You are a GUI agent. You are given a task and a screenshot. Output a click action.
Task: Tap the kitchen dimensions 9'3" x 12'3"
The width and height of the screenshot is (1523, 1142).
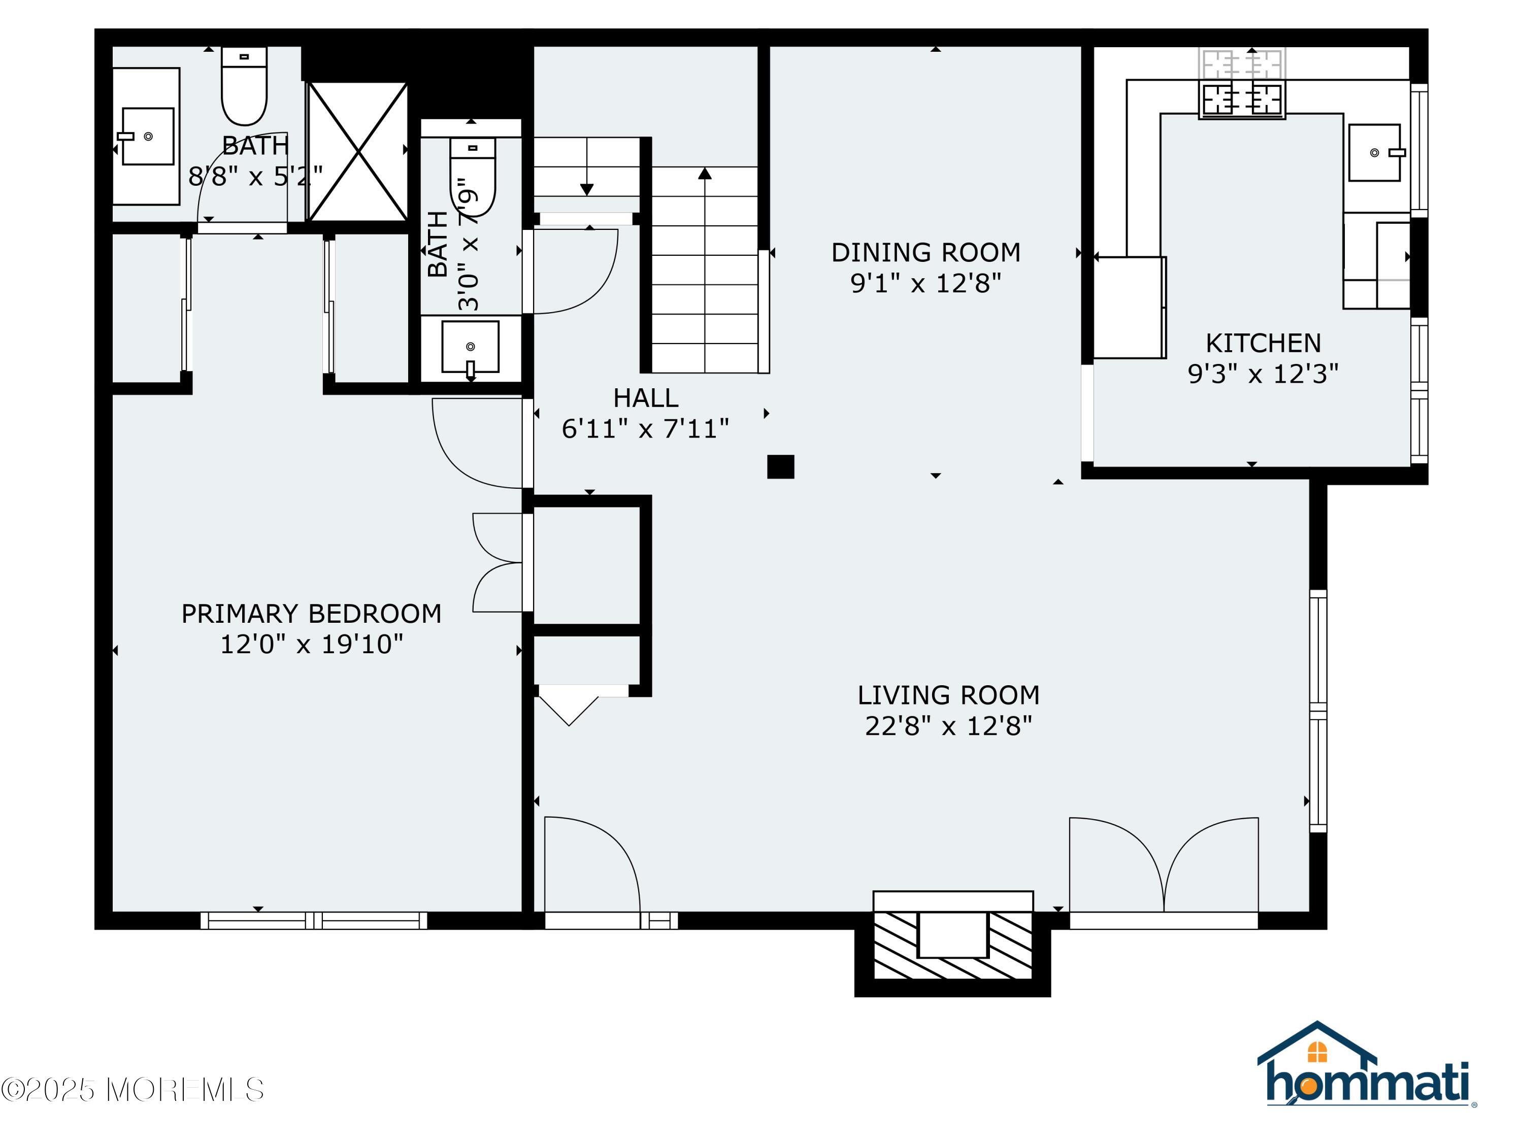(x=1263, y=374)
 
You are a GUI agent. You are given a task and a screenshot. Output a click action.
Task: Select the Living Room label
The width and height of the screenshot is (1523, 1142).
(x=948, y=695)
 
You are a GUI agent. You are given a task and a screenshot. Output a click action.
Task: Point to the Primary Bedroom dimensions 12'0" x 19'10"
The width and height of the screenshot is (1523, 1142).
(x=311, y=644)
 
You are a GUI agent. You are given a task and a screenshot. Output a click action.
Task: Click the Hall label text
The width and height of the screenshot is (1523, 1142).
(x=645, y=398)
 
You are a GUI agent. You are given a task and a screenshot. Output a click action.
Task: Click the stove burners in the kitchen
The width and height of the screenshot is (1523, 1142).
(x=1242, y=98)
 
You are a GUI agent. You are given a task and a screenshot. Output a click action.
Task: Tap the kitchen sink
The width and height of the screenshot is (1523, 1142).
(x=1374, y=153)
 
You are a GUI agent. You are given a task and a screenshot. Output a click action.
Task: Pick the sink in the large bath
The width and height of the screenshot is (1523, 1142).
(x=147, y=137)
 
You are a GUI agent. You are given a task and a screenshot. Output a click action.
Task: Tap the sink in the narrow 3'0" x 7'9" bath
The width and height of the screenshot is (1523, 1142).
(x=470, y=346)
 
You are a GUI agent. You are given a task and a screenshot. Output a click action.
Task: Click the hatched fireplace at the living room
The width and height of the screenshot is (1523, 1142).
(x=953, y=944)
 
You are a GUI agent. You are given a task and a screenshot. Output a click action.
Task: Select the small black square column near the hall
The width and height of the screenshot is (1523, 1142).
(x=780, y=467)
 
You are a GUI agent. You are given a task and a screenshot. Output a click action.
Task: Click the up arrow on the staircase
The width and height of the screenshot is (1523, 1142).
(x=704, y=174)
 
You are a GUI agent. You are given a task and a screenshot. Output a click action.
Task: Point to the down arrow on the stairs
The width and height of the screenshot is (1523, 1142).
(x=587, y=189)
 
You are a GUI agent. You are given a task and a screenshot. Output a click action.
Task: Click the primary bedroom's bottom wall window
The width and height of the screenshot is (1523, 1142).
(x=314, y=920)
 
